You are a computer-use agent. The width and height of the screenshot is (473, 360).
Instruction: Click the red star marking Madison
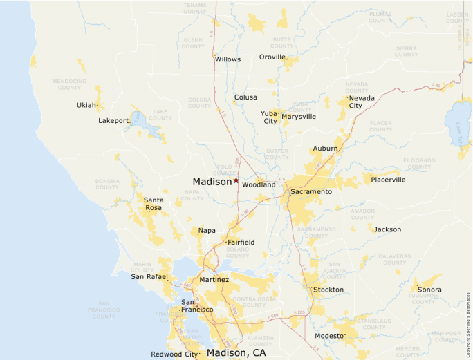tap(236, 180)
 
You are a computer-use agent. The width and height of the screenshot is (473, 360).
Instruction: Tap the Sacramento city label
tap(310, 191)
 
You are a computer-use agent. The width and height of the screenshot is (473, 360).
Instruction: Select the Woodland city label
tap(259, 185)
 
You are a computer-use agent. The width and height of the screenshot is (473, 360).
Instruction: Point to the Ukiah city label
tap(86, 106)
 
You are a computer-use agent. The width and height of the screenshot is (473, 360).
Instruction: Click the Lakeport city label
tap(114, 121)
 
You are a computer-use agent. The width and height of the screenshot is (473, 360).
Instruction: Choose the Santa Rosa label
tap(153, 203)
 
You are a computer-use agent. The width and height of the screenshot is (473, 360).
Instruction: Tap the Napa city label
tap(207, 231)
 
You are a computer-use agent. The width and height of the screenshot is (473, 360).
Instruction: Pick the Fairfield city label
tap(241, 243)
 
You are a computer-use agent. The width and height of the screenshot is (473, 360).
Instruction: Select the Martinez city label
tap(214, 280)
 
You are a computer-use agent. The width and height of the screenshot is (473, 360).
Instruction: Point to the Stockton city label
tap(328, 290)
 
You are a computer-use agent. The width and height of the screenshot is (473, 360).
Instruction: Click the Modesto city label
tap(328, 336)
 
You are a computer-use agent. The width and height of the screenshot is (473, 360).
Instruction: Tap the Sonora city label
tap(429, 290)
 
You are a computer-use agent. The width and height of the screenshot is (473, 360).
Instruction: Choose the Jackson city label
tap(387, 229)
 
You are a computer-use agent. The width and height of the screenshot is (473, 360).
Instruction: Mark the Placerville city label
tap(388, 180)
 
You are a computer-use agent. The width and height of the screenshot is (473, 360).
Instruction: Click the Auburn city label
tap(325, 149)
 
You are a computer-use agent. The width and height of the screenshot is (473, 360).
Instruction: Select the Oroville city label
tap(272, 57)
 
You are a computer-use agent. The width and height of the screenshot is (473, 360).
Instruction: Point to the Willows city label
tap(228, 59)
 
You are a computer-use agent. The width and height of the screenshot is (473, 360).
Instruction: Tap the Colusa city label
tap(245, 97)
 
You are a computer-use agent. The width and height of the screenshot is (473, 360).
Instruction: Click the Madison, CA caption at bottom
tap(236, 352)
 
